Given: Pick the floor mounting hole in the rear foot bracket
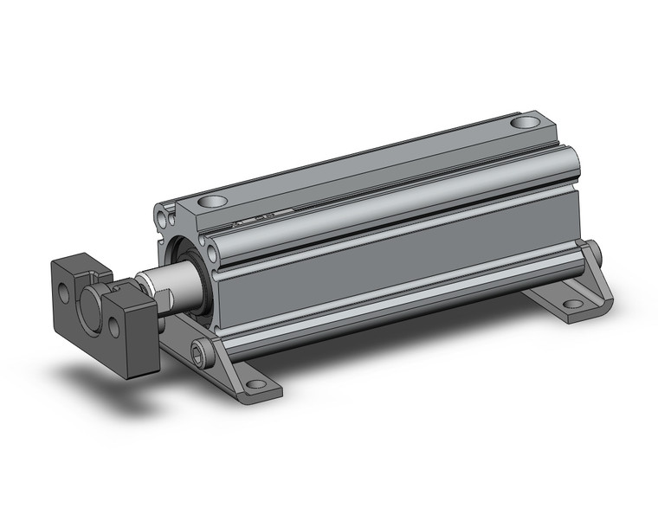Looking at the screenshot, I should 571,305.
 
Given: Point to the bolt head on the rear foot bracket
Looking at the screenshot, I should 597,254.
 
